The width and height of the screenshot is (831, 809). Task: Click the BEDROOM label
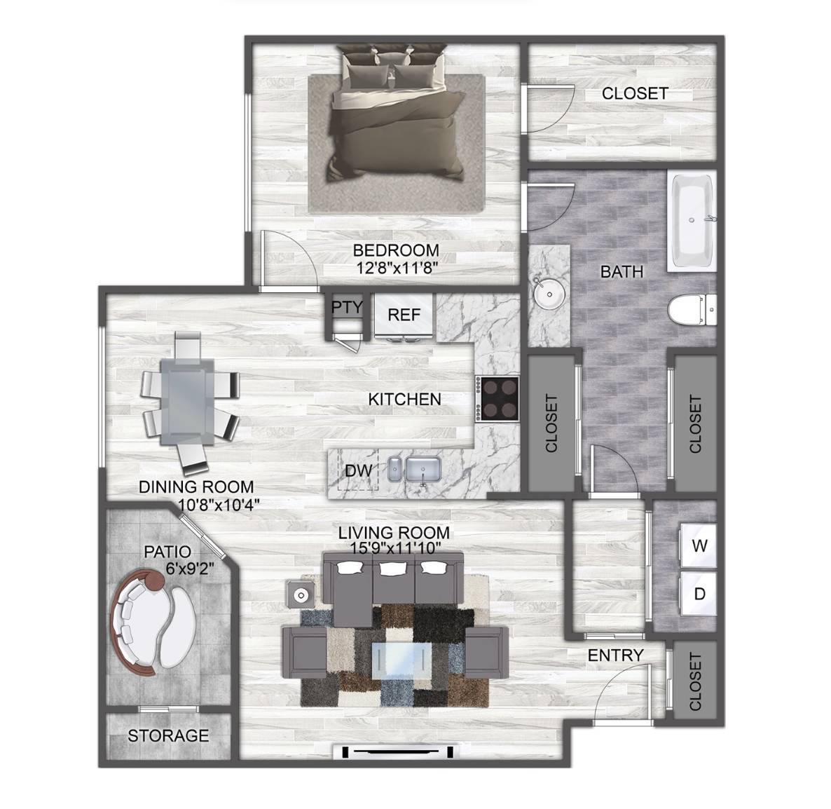tap(396, 250)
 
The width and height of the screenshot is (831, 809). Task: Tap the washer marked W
tap(699, 545)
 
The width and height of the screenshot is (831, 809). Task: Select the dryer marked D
tap(699, 593)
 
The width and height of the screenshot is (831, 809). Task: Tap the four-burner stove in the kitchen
tap(497, 399)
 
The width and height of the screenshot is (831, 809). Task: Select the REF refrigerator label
tap(404, 315)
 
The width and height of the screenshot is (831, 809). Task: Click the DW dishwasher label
tap(358, 470)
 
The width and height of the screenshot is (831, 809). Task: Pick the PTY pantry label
tap(347, 307)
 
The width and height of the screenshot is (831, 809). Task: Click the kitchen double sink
tap(414, 469)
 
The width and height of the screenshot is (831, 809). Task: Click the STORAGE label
tap(168, 735)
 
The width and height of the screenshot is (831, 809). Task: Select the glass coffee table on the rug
tap(401, 660)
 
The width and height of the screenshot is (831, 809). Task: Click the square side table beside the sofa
tap(300, 594)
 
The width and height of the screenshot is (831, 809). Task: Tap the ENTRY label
tap(615, 655)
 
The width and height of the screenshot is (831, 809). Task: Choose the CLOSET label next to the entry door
tap(695, 681)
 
